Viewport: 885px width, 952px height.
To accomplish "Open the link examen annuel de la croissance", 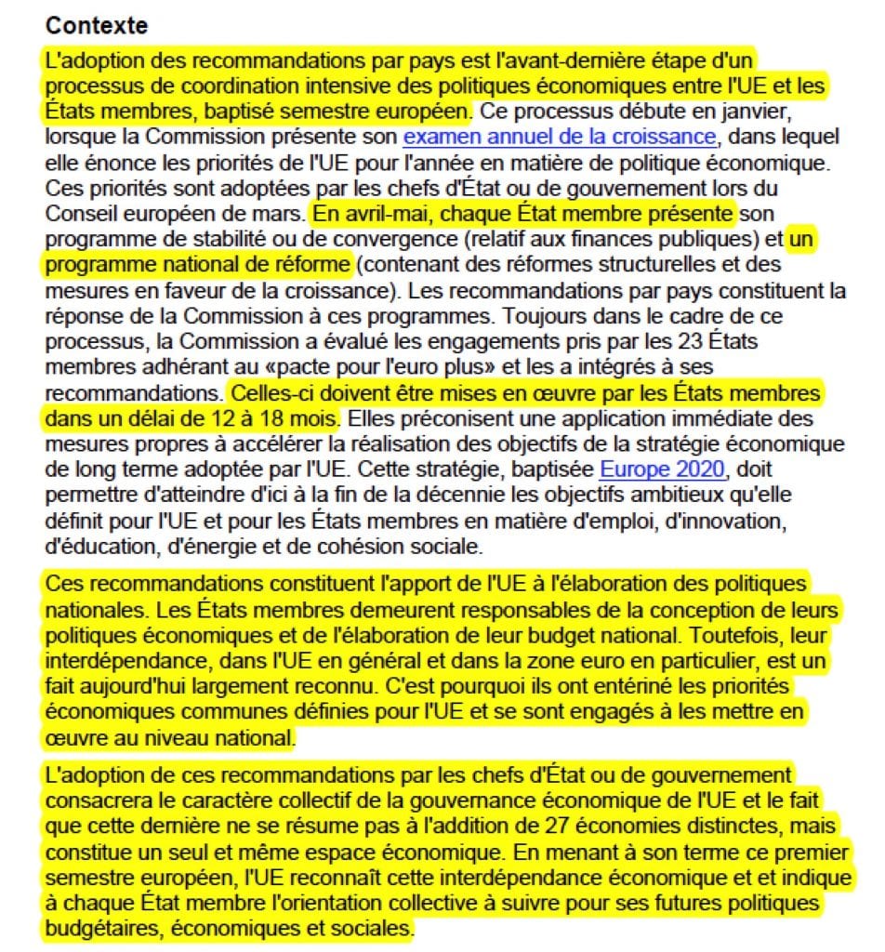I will (560, 138).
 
